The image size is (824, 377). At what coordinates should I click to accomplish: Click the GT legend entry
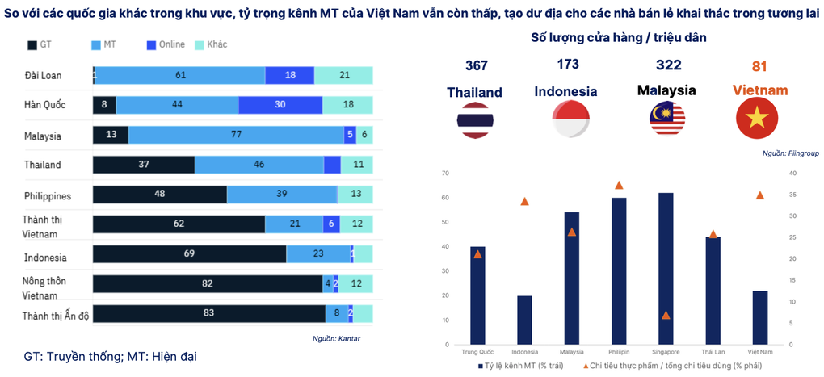click(x=40, y=45)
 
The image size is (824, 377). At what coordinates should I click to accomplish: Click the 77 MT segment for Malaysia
click(x=236, y=136)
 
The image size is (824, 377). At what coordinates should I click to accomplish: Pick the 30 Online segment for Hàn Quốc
click(x=280, y=105)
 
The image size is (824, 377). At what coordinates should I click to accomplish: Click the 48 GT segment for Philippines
click(x=160, y=195)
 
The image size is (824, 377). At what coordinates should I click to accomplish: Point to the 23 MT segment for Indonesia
click(x=318, y=254)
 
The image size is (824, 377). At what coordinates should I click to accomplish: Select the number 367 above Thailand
click(x=477, y=65)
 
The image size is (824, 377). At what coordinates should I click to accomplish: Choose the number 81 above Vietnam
click(x=759, y=65)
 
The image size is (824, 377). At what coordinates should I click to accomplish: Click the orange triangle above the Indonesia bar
click(x=524, y=201)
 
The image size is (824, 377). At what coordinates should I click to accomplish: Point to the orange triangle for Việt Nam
click(x=760, y=195)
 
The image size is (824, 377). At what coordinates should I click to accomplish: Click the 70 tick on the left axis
click(x=445, y=173)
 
